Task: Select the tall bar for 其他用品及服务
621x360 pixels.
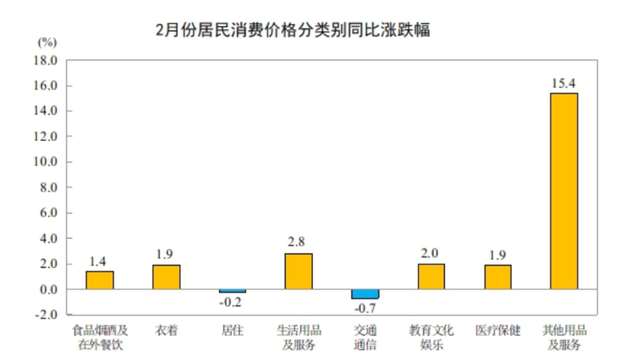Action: [x=564, y=190]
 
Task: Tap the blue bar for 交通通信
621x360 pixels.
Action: [x=365, y=294]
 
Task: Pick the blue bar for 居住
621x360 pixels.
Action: [x=232, y=291]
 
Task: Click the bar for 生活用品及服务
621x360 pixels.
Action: [x=298, y=271]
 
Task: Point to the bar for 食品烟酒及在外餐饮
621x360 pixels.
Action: [x=100, y=280]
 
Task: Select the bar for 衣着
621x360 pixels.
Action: [x=166, y=277]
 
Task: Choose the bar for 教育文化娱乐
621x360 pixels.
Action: [x=431, y=277]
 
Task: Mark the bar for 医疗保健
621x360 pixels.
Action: [x=498, y=277]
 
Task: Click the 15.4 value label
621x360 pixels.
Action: [x=563, y=82]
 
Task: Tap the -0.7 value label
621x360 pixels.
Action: [x=365, y=308]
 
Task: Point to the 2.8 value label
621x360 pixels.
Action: [x=298, y=242]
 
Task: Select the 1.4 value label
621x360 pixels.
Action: [x=99, y=260]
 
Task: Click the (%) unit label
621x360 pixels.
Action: [x=47, y=41]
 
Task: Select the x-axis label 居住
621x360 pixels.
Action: [x=232, y=330]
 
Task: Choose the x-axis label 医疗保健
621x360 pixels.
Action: [x=498, y=330]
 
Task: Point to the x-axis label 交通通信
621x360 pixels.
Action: [x=365, y=337]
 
